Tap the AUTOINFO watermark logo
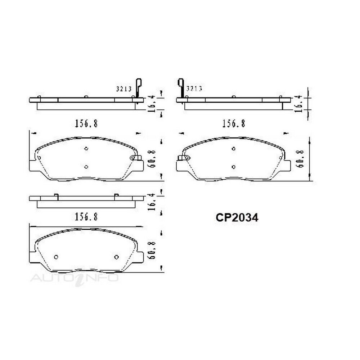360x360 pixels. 75,278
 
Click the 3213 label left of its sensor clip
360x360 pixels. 124,89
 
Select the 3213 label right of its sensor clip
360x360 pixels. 194,89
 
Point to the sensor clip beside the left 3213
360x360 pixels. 138,91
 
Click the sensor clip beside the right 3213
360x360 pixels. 181,91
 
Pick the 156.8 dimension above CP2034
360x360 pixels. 234,124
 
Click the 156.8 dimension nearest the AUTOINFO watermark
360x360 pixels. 86,217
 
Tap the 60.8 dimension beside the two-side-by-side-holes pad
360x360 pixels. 152,250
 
